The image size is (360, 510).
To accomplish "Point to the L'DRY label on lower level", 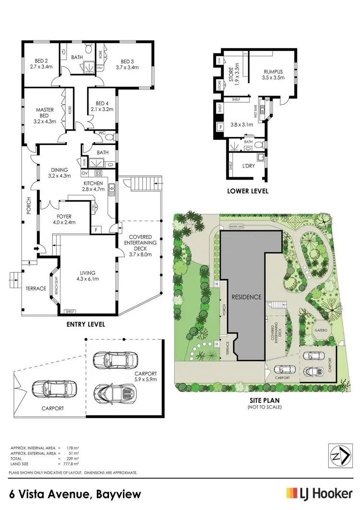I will (248, 166).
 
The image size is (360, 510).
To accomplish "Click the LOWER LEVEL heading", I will (248, 191).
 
